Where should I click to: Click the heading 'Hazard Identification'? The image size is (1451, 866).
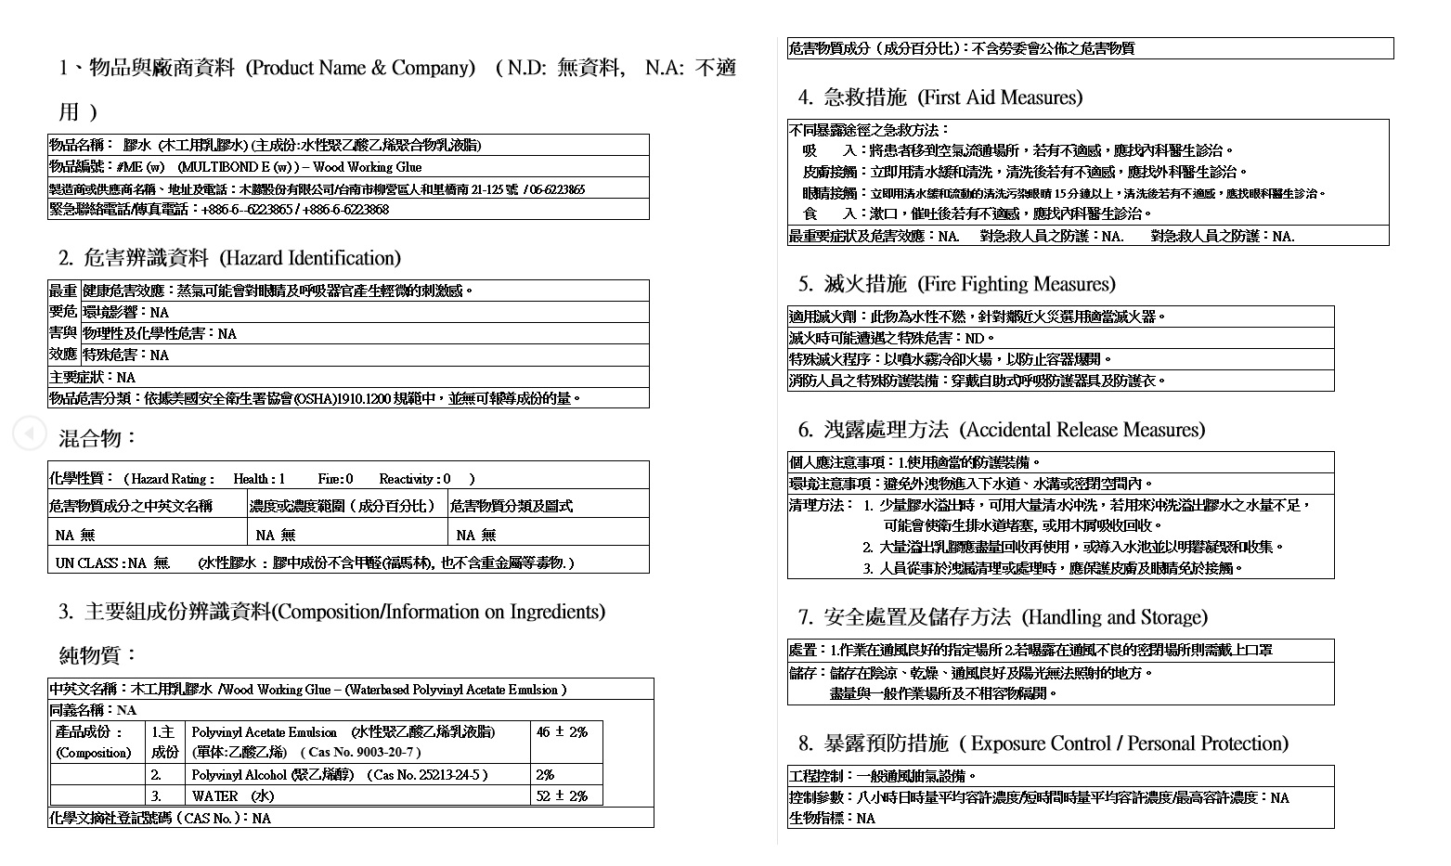(310, 258)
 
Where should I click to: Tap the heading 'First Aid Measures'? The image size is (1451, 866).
(1000, 97)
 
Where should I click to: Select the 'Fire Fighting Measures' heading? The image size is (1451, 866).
(1017, 284)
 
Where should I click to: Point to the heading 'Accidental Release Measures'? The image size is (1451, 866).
(1082, 430)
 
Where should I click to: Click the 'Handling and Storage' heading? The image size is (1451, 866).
(1114, 617)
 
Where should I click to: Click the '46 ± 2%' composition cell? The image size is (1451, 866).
(562, 731)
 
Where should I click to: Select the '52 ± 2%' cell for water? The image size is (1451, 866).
(562, 795)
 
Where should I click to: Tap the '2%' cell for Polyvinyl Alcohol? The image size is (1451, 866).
(545, 774)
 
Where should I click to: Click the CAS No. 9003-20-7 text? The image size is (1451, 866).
(364, 752)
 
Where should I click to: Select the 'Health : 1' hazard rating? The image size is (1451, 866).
(259, 479)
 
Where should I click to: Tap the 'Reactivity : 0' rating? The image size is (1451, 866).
(414, 479)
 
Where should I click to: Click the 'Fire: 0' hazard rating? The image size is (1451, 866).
(335, 479)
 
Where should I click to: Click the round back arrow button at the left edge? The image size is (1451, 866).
(29, 433)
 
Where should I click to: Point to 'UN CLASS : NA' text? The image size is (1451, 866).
(100, 562)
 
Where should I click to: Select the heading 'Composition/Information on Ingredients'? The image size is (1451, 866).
(438, 612)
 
